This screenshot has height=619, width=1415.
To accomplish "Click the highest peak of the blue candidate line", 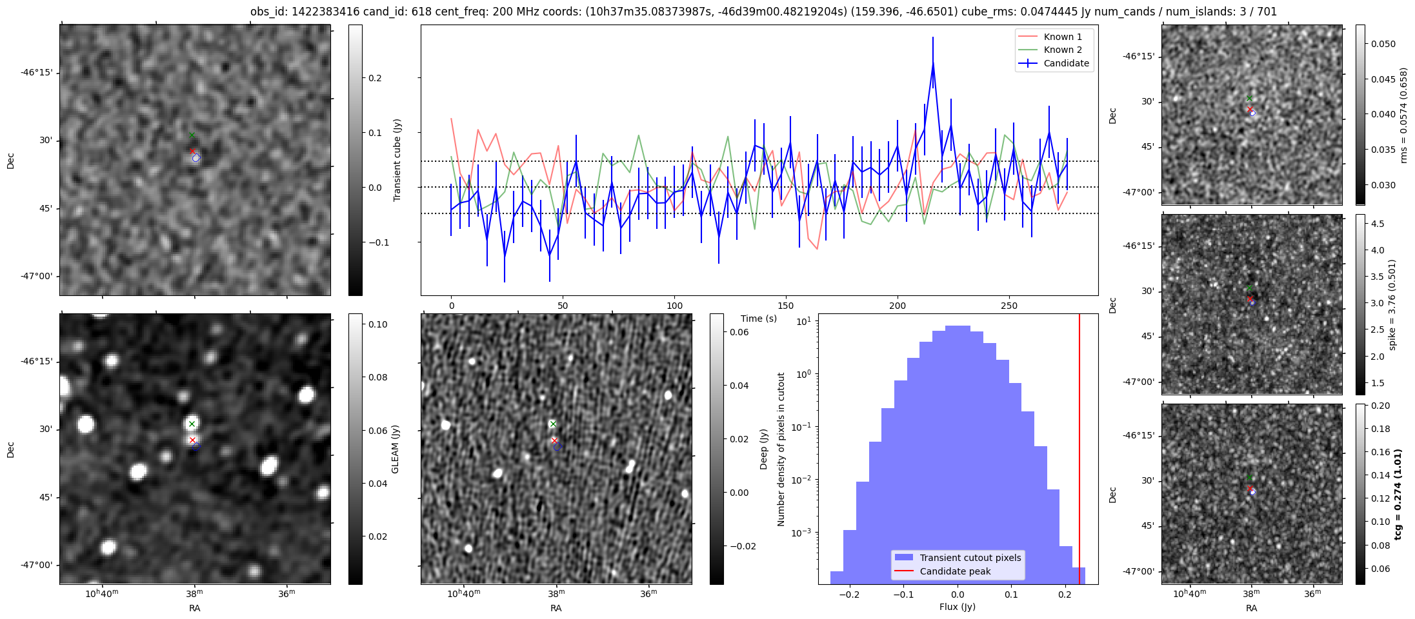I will pyautogui.click(x=933, y=63).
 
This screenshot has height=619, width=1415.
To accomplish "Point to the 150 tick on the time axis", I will pyautogui.click(x=786, y=306).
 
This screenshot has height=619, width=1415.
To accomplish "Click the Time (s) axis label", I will pyautogui.click(x=759, y=319).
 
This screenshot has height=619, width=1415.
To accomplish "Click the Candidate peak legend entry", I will pyautogui.click(x=955, y=571).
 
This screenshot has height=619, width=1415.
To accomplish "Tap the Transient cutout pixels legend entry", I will pyautogui.click(x=970, y=558).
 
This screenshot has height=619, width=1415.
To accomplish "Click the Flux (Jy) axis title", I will pyautogui.click(x=958, y=607).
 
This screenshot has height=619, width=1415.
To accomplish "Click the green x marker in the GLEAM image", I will pyautogui.click(x=192, y=424).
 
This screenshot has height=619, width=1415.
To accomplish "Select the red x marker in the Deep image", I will pyautogui.click(x=554, y=440).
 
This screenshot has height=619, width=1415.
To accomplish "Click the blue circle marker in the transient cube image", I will pyautogui.click(x=196, y=158).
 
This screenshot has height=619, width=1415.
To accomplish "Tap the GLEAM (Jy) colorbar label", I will pyautogui.click(x=395, y=449).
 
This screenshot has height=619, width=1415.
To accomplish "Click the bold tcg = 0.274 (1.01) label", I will pyautogui.click(x=1398, y=494).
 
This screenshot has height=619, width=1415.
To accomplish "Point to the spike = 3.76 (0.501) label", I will pyautogui.click(x=1392, y=304).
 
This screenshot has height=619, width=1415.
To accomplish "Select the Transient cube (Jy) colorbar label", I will pyautogui.click(x=397, y=160).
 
